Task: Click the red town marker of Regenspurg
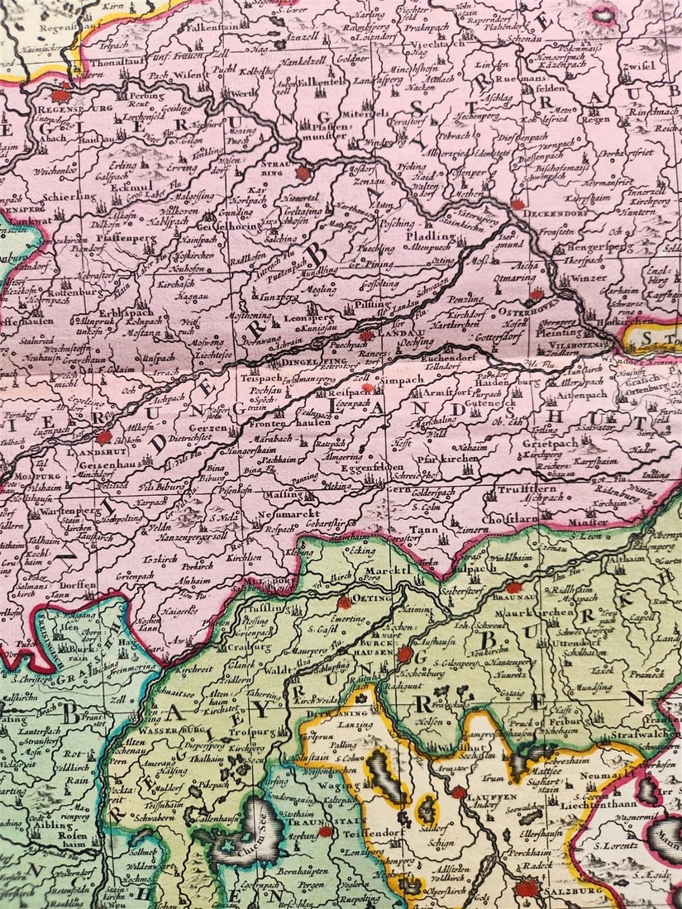tap(60, 93)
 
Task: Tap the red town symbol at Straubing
tap(303, 174)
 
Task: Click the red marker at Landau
tap(365, 336)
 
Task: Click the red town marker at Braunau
tap(514, 588)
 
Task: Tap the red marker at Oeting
tap(344, 602)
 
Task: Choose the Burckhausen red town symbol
tap(404, 654)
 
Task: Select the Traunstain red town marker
tap(325, 830)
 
